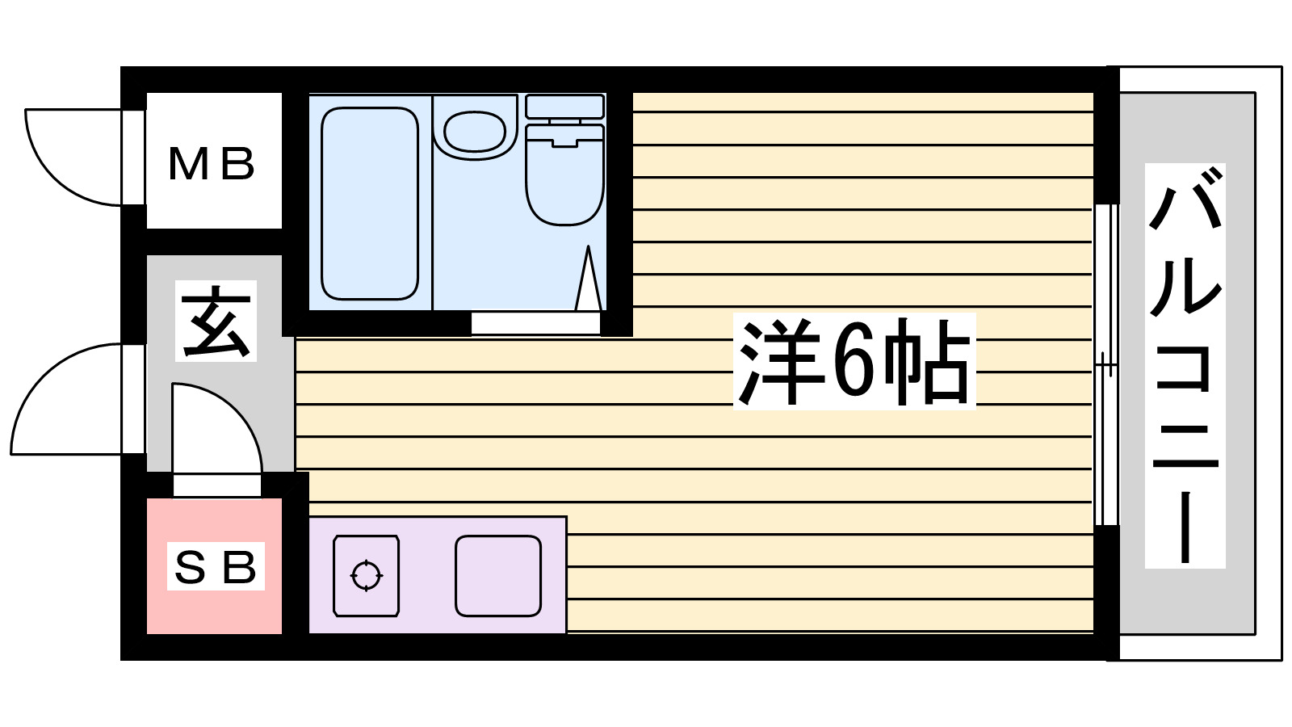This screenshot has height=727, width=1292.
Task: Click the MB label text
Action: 212,164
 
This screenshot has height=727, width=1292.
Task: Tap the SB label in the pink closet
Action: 216,567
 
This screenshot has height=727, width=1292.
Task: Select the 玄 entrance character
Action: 216,321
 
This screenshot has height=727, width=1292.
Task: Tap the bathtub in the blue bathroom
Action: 370,204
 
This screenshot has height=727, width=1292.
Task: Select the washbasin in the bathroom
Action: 474,131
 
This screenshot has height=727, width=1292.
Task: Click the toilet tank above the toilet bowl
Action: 564,107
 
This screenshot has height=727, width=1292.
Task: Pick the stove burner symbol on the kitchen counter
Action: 366,576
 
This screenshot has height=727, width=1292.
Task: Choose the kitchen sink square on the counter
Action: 497,576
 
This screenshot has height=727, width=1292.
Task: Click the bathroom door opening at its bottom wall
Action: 535,323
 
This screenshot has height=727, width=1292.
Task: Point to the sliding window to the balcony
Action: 1106,363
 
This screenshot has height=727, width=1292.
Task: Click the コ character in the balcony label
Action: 1185,368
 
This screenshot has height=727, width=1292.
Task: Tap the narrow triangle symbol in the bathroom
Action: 589,281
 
